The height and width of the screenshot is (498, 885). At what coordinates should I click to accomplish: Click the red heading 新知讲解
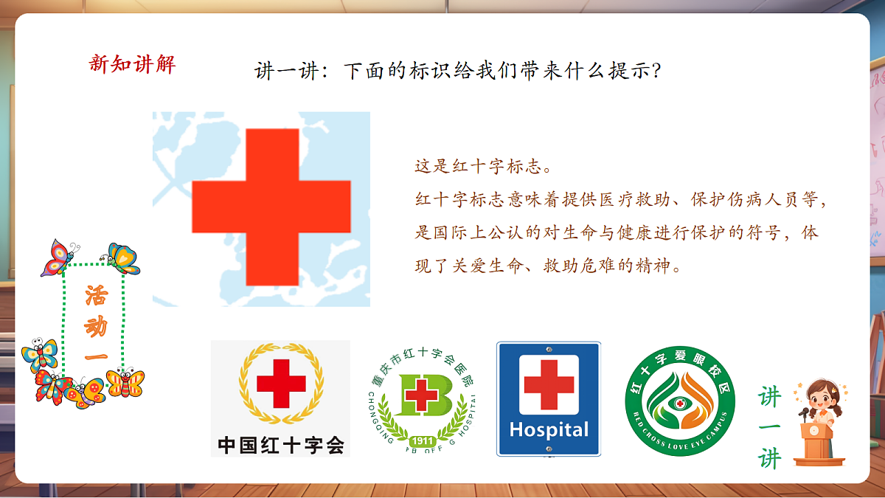(132, 63)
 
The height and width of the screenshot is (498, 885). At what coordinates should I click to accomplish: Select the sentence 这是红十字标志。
(483, 165)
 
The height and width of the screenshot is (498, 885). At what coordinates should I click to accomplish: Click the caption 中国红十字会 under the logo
(280, 444)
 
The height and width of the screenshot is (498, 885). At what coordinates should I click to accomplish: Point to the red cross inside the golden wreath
(281, 384)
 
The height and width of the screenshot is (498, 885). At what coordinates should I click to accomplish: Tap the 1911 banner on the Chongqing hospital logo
(423, 440)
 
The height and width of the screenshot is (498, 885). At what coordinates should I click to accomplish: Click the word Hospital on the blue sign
(549, 429)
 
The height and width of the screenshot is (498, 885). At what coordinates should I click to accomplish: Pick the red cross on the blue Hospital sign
(549, 384)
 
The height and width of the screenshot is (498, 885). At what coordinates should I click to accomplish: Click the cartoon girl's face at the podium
(821, 401)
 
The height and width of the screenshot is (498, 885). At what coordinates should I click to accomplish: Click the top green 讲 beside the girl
(770, 397)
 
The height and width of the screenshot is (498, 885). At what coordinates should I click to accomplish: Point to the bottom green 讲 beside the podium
(770, 458)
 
